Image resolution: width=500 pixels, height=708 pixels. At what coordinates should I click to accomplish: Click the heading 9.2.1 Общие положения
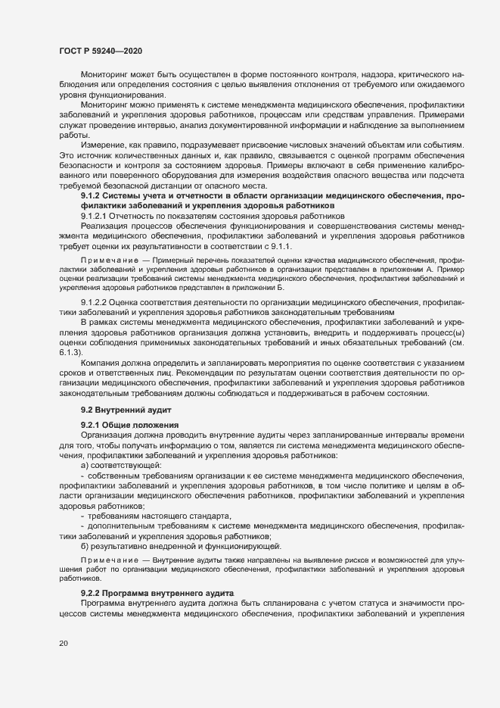coord(129,424)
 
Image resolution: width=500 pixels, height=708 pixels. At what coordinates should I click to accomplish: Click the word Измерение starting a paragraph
coord(104,145)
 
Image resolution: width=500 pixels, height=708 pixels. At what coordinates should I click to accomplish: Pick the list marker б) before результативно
coord(85,546)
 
